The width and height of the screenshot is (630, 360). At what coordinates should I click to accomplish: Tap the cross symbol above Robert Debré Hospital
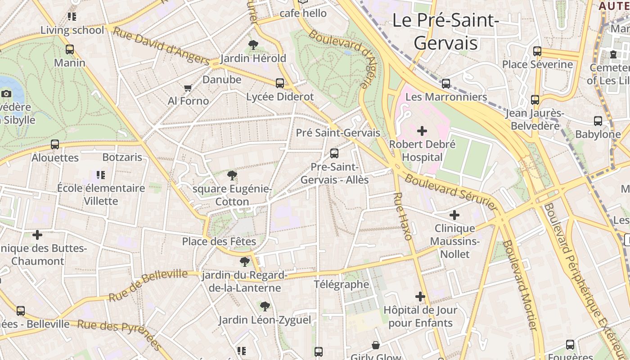click(x=422, y=131)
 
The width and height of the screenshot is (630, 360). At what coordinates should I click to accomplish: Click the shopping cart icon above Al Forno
click(x=188, y=87)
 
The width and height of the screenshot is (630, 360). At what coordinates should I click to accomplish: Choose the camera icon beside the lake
click(x=6, y=94)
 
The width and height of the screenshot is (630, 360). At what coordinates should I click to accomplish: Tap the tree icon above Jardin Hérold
click(x=253, y=45)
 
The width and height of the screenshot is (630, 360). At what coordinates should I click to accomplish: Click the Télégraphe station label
click(x=342, y=284)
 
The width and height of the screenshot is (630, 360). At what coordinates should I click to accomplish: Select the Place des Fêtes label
click(x=219, y=242)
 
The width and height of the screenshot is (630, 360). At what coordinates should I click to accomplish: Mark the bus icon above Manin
click(x=70, y=49)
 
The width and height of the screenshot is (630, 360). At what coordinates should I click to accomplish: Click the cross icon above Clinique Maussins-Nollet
click(x=454, y=215)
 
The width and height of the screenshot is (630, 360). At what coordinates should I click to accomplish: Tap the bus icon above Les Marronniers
click(x=446, y=83)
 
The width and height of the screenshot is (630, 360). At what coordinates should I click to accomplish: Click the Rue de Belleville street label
click(x=148, y=285)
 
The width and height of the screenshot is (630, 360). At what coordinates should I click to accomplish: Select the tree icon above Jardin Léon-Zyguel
click(x=265, y=306)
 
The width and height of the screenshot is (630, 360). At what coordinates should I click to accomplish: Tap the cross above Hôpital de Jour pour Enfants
click(x=420, y=297)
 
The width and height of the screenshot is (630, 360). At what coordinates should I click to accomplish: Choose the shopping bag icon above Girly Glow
click(x=376, y=345)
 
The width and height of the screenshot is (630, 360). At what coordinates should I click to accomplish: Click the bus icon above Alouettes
click(x=55, y=144)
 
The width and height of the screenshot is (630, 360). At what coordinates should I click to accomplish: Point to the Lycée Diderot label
click(x=280, y=97)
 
